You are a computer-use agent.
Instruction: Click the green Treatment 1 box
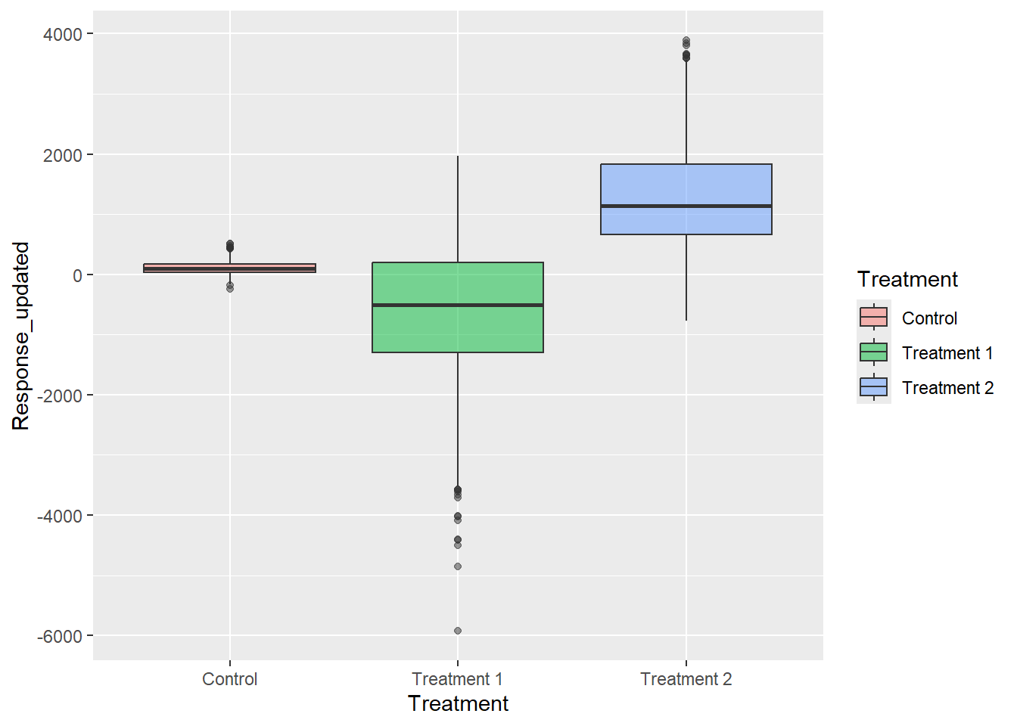[457, 333]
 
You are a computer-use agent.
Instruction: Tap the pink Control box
[229, 268]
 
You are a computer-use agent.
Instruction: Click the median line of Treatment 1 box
[457, 305]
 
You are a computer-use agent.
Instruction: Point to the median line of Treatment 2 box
[686, 206]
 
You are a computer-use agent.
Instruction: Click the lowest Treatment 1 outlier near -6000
[457, 631]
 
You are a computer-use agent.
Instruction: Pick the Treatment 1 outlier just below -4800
[457, 566]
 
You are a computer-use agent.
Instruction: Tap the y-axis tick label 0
[77, 275]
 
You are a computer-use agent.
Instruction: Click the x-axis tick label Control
[229, 679]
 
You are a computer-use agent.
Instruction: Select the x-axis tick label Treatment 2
[686, 679]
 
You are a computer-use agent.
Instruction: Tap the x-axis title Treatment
[458, 703]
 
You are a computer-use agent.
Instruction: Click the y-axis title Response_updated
[20, 336]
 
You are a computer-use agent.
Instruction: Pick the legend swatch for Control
[873, 318]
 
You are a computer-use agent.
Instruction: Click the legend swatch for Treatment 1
[873, 352]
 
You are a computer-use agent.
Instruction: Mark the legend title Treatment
[907, 280]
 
